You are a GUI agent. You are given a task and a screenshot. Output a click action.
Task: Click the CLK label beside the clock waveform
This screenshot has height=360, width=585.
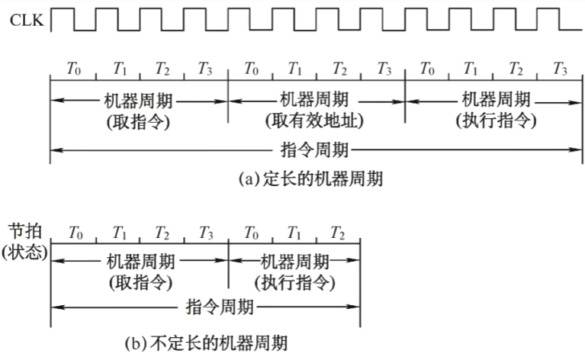pos(26,21)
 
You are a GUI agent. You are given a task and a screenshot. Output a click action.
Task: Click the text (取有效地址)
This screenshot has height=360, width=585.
pos(314,120)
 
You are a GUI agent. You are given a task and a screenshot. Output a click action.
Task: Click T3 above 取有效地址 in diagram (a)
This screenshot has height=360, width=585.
pos(384,69)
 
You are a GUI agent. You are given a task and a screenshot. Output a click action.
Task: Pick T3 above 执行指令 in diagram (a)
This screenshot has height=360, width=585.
pos(560,69)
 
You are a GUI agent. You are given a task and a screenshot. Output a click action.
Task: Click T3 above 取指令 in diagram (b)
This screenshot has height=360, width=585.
pos(206,231)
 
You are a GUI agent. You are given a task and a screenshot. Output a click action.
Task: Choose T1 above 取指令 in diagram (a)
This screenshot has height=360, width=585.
pos(118,69)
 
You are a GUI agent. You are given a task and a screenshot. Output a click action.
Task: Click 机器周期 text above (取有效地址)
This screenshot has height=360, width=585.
pos(314,99)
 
